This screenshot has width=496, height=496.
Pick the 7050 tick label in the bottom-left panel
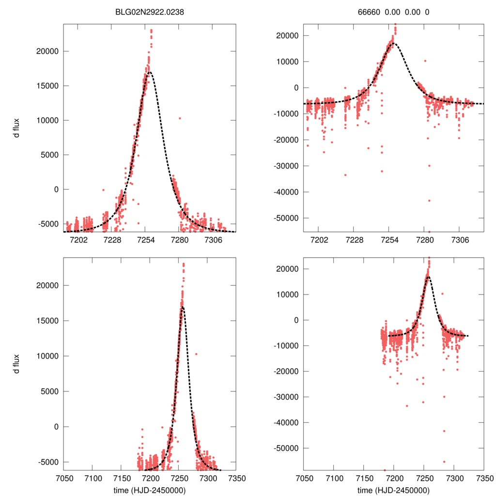point(64,478)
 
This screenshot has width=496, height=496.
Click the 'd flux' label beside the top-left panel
point(16,131)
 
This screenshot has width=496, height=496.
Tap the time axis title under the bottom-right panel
point(393,490)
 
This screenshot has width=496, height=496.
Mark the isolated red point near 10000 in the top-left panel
point(180,118)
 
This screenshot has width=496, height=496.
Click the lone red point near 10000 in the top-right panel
point(425,61)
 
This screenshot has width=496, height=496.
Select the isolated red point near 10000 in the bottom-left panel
point(196,354)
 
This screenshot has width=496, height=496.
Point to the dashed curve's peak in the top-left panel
point(149,72)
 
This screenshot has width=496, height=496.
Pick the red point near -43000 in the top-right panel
point(429,201)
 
